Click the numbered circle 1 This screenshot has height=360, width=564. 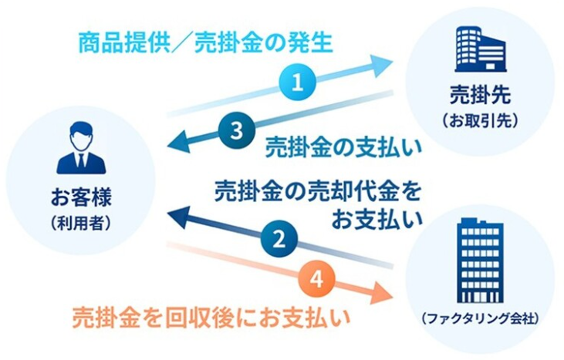(298, 82)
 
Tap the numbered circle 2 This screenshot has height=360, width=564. (279, 239)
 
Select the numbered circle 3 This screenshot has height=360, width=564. (236, 130)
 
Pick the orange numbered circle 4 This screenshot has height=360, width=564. (316, 279)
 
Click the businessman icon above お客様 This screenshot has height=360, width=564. (81, 148)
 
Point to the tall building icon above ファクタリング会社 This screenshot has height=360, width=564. (480, 261)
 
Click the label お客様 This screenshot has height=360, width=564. (81, 197)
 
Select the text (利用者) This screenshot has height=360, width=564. (81, 224)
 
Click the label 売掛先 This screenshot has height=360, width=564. (480, 95)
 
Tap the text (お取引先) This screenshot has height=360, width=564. (480, 121)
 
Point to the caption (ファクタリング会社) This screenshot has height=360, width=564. (480, 318)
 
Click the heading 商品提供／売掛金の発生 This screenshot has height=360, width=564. (205, 42)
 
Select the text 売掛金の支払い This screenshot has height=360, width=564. (343, 147)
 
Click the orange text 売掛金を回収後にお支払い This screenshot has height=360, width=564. (211, 318)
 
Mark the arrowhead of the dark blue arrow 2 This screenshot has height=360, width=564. (178, 217)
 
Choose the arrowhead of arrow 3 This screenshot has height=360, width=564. (178, 143)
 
